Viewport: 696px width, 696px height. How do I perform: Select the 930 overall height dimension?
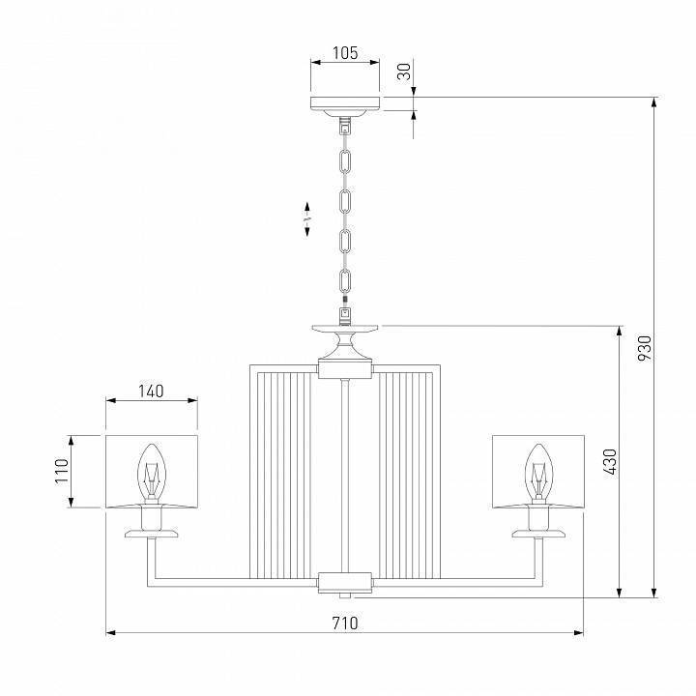click(647, 346)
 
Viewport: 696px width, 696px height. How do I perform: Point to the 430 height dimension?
click(609, 462)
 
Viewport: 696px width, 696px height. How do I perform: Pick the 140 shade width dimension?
click(150, 391)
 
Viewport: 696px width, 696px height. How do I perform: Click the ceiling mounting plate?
click(344, 104)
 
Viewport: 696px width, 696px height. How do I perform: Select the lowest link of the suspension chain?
click(344, 282)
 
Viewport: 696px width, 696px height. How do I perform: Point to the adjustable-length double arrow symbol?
click(306, 220)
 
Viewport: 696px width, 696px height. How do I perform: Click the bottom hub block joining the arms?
click(344, 581)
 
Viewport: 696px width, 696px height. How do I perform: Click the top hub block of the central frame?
click(344, 367)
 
